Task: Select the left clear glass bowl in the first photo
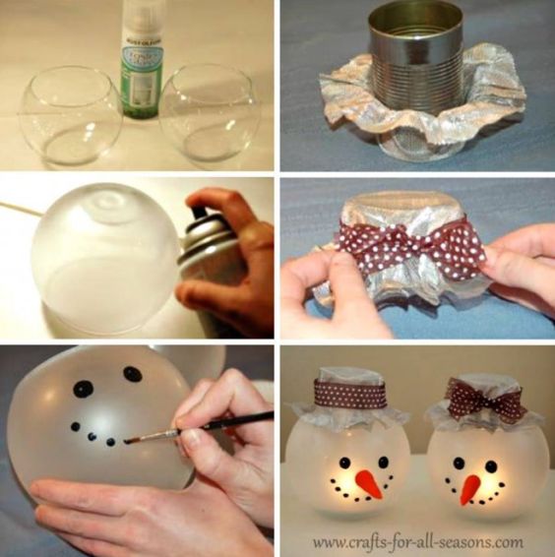[69, 116]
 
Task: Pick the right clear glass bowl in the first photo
[210, 115]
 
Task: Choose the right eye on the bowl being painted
[132, 374]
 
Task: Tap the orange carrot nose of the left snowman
[367, 482]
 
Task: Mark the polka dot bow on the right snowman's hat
[481, 400]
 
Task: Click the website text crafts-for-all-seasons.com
[418, 541]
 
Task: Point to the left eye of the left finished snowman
[344, 462]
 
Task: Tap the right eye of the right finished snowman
[489, 465]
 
